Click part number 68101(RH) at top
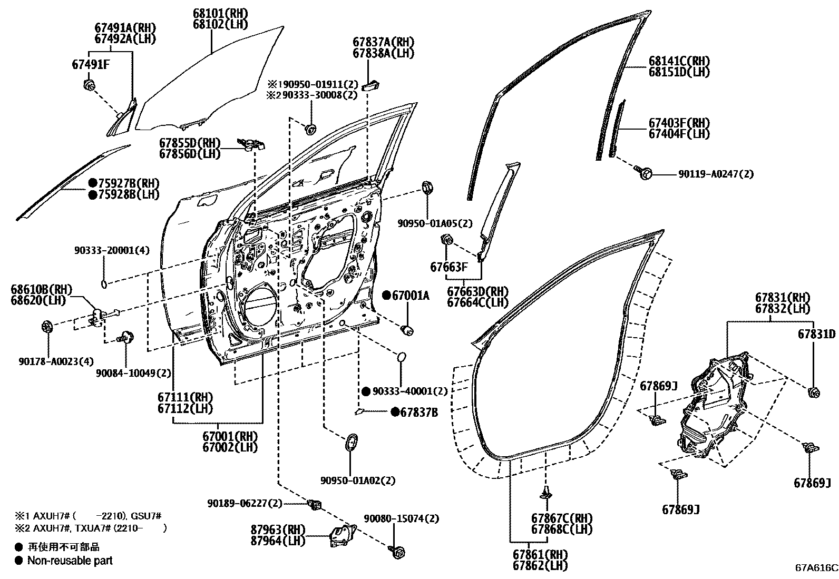point(212,13)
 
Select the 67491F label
point(91,64)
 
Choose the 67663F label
point(448,267)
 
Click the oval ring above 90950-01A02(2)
point(351,442)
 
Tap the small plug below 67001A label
point(407,330)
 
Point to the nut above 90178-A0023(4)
point(46,327)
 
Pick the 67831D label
point(816,334)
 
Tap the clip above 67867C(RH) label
point(546,493)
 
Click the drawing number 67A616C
point(816,568)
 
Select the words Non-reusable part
point(70,561)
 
